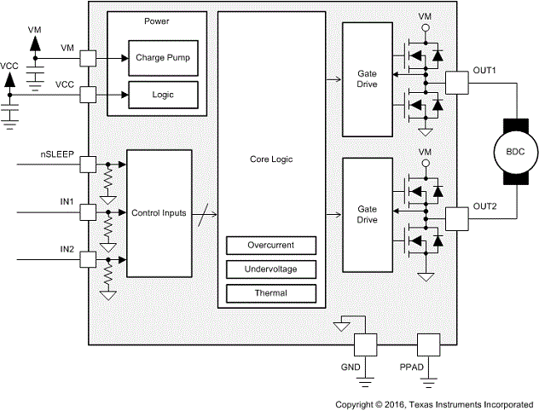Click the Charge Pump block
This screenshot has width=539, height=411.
pyautogui.click(x=162, y=58)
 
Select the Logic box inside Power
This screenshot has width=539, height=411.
pyautogui.click(x=162, y=94)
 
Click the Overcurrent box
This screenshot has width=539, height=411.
pyautogui.click(x=270, y=245)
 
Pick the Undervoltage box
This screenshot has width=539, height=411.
pyautogui.click(x=270, y=269)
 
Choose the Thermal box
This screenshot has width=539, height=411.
pyautogui.click(x=270, y=293)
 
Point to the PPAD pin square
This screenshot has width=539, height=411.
pyautogui.click(x=426, y=344)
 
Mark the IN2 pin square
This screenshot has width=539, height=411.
pyautogui.click(x=87, y=260)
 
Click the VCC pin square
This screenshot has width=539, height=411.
pyautogui.click(x=87, y=94)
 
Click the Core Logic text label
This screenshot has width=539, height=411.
pyautogui.click(x=270, y=159)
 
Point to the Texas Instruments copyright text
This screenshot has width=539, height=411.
pyautogui.click(x=435, y=403)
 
